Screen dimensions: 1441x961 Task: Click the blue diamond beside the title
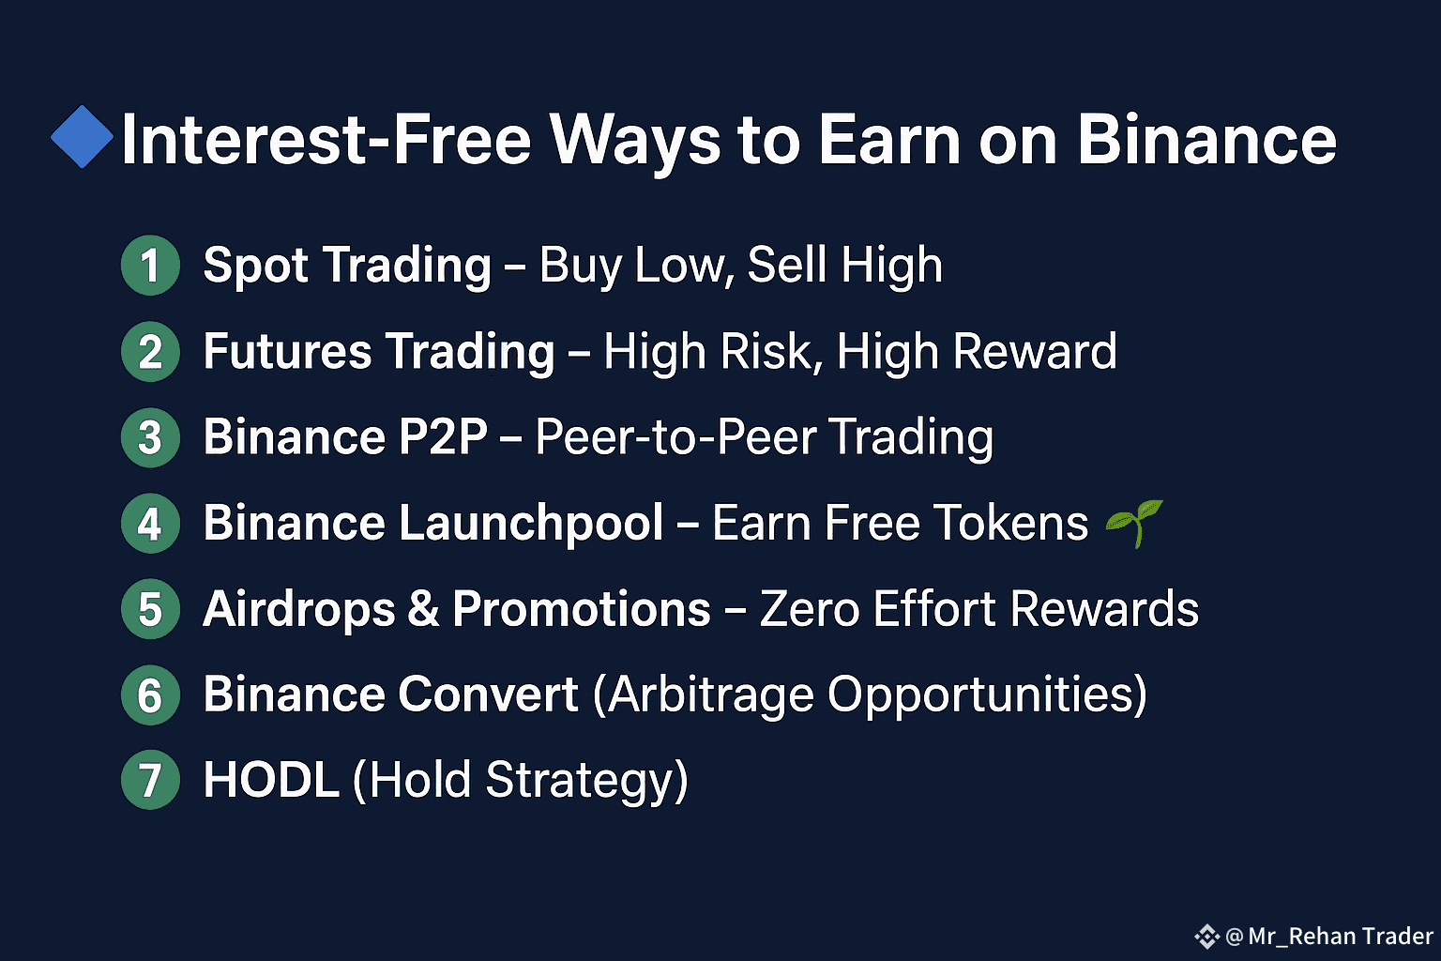(83, 136)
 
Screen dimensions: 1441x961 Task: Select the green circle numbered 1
(150, 266)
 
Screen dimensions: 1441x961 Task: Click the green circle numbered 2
(150, 351)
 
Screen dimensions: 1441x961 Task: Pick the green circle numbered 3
(150, 437)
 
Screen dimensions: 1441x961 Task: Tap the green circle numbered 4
(150, 524)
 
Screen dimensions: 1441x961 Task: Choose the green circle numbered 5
(150, 609)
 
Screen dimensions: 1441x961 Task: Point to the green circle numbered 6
(150, 695)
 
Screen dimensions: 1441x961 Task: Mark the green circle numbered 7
(150, 780)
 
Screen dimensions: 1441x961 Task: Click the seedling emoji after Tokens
(1135, 523)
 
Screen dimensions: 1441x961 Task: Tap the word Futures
(288, 351)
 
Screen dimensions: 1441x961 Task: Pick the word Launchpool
(531, 525)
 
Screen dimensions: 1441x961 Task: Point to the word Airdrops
(299, 610)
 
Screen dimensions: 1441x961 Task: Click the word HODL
(271, 780)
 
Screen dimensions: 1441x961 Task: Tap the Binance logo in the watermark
(1206, 937)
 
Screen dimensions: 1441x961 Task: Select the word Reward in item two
(1035, 351)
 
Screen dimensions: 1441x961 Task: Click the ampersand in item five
(423, 609)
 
